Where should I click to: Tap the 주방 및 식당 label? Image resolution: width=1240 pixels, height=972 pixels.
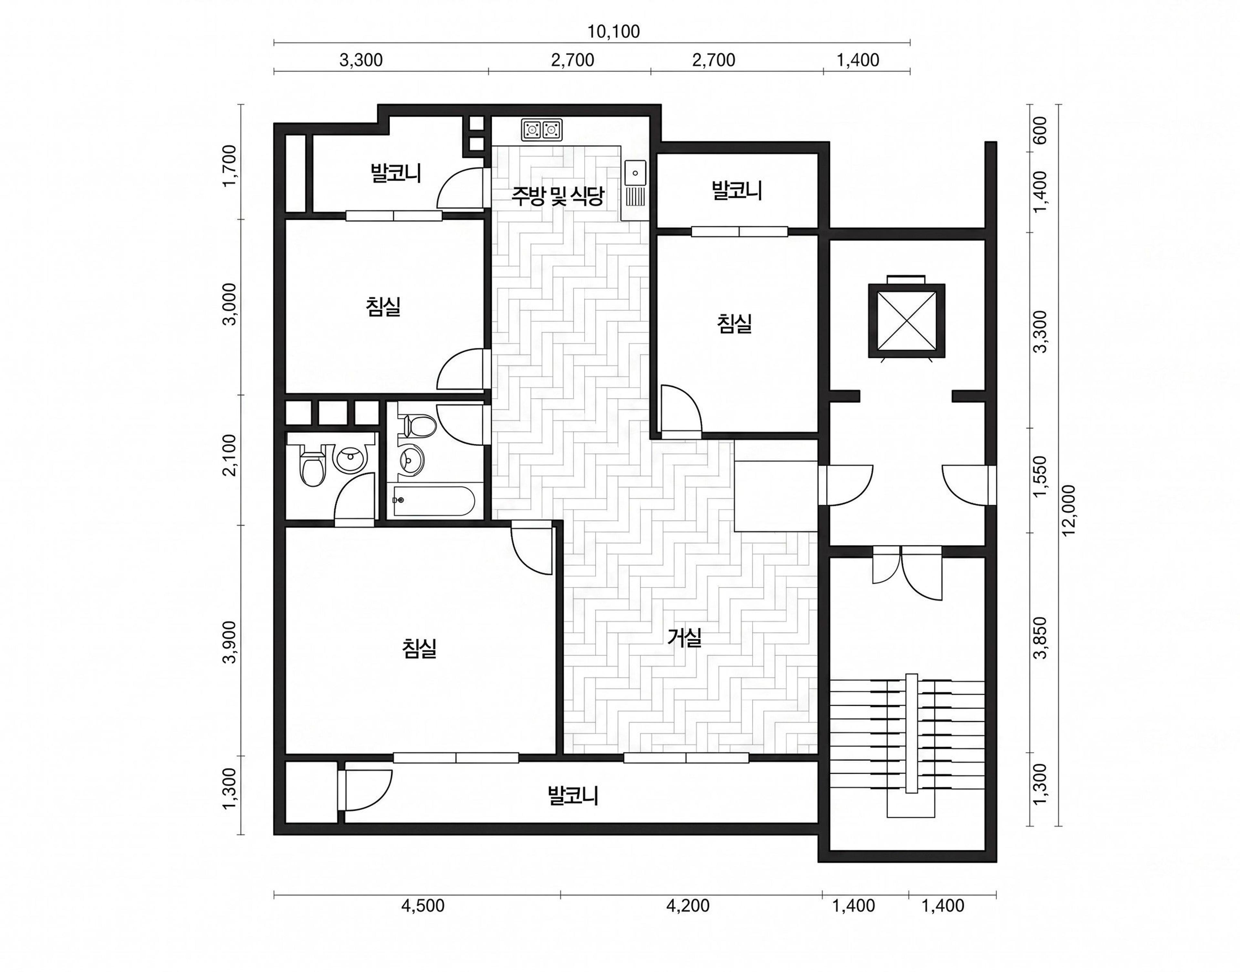click(x=557, y=196)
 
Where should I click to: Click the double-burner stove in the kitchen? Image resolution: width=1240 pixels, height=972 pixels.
click(x=542, y=130)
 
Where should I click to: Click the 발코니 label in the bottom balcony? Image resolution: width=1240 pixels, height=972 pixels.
click(x=573, y=795)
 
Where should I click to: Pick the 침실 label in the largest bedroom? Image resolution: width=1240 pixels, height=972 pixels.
click(x=419, y=648)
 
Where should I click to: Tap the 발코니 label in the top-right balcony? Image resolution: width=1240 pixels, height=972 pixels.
click(x=737, y=191)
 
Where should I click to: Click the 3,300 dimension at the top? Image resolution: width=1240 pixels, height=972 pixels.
click(x=361, y=60)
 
